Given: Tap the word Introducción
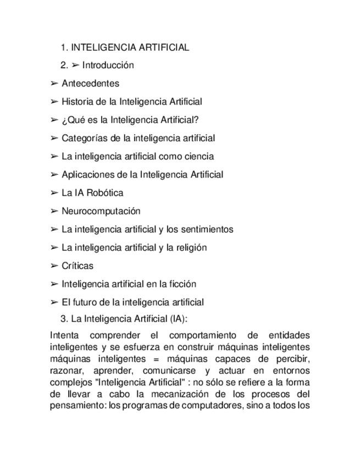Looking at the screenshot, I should (108, 65).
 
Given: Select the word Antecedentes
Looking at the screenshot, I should (90, 84).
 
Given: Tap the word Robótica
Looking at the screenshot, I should (105, 193).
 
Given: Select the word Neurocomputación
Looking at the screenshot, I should (101, 211).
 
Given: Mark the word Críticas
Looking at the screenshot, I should (77, 266).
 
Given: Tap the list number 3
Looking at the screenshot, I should (64, 319).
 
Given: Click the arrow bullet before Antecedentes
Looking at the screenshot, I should (54, 84).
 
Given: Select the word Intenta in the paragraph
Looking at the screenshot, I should (64, 335).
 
